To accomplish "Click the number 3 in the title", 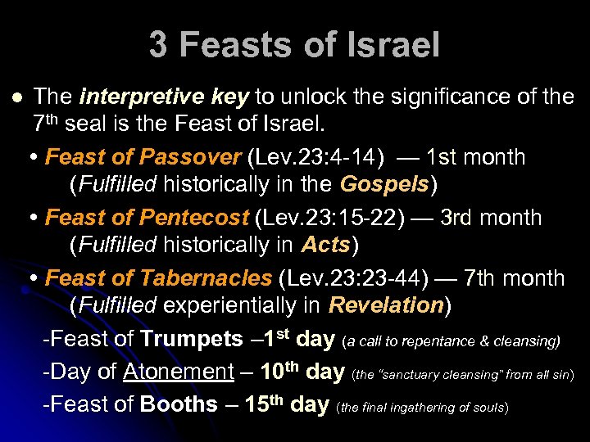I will (158, 45).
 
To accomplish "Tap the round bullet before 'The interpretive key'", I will (18, 97).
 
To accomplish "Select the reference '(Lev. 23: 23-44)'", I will (353, 278).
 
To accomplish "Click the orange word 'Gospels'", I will (385, 184).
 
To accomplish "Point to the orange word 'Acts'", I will (326, 245).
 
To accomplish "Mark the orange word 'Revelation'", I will (385, 305).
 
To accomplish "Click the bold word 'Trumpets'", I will (191, 339).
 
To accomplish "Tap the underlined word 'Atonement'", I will (179, 372).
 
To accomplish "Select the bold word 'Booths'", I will (179, 404).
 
